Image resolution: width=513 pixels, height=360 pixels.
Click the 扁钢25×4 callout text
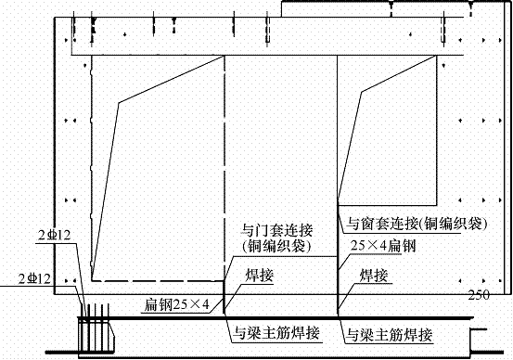(x=180, y=303)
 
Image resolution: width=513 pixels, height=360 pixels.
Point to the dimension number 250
(x=479, y=296)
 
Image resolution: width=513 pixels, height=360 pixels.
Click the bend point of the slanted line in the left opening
(x=118, y=102)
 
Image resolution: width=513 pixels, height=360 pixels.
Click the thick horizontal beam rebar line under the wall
(x=278, y=317)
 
